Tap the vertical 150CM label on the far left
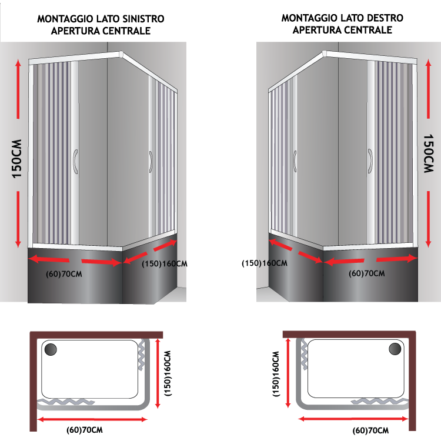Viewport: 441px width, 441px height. tap(17, 159)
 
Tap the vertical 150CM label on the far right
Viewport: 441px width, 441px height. tap(428, 153)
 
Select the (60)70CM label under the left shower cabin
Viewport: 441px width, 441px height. tap(64, 274)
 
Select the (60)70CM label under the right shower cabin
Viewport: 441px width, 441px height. tap(367, 273)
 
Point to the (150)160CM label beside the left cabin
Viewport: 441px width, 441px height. tap(165, 264)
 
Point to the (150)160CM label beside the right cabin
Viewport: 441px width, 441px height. tap(265, 263)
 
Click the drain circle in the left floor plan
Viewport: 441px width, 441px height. tap(51, 350)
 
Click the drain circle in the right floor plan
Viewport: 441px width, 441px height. tap(395, 349)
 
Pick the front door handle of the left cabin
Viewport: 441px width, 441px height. tap(75, 162)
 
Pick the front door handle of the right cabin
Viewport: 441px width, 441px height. tap(370, 161)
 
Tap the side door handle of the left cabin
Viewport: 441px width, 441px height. tap(151, 162)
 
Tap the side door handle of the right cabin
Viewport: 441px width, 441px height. tap(295, 162)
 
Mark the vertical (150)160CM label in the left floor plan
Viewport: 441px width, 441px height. tap(168, 373)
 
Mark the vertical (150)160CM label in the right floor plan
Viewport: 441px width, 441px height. tap(276, 374)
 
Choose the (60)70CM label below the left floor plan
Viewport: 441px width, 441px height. tap(85, 430)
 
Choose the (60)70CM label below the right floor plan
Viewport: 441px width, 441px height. tap(370, 430)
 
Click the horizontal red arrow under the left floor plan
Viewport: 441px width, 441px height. tap(92, 420)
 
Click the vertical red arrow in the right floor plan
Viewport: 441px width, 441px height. tap(288, 373)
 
